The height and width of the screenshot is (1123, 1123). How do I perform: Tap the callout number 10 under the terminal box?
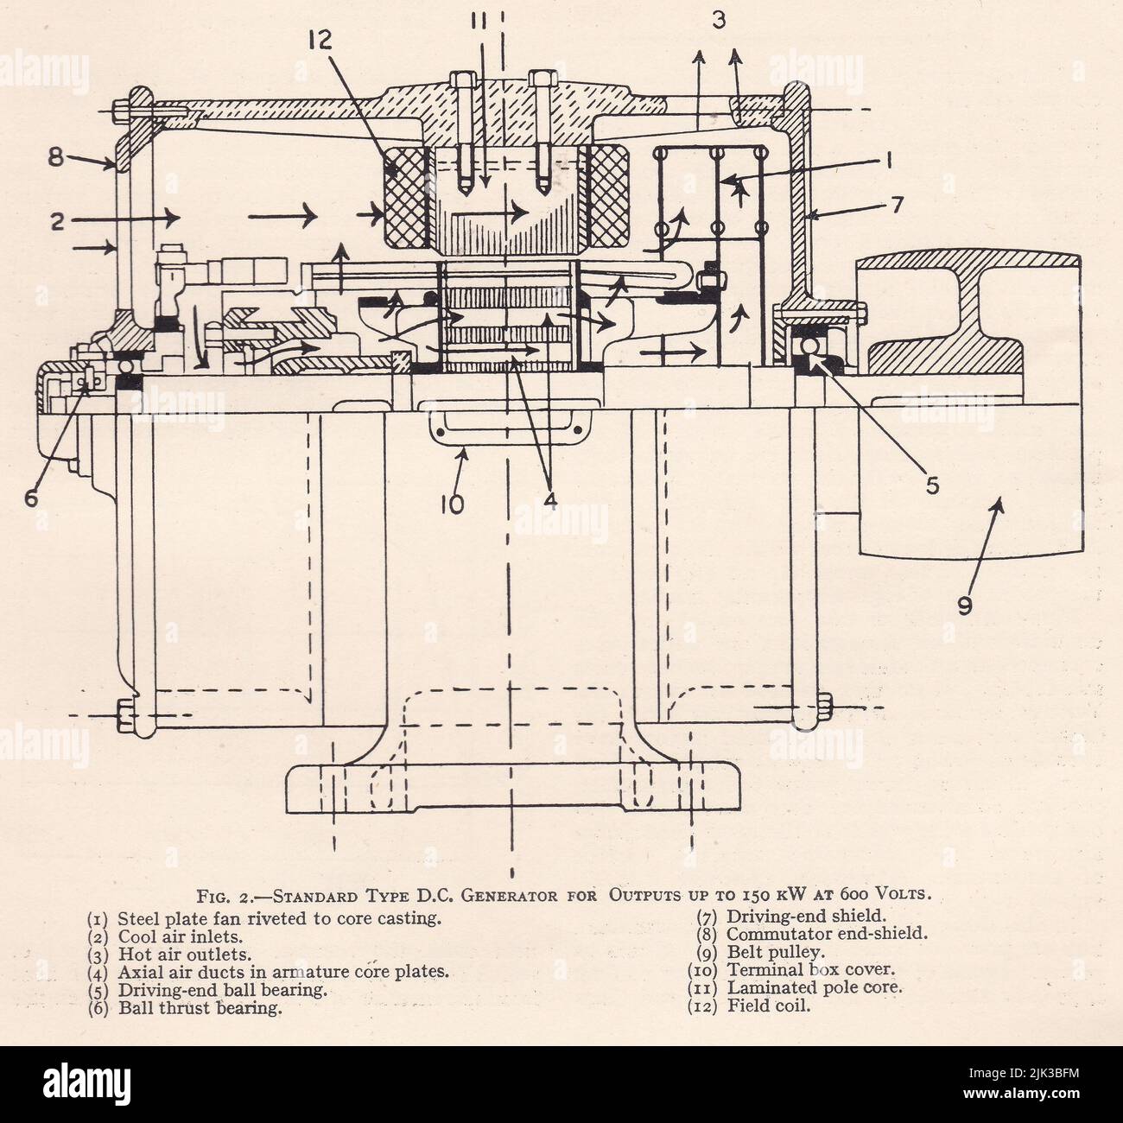pyautogui.click(x=452, y=503)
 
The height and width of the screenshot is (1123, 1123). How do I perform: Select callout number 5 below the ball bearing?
pyautogui.click(x=931, y=485)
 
